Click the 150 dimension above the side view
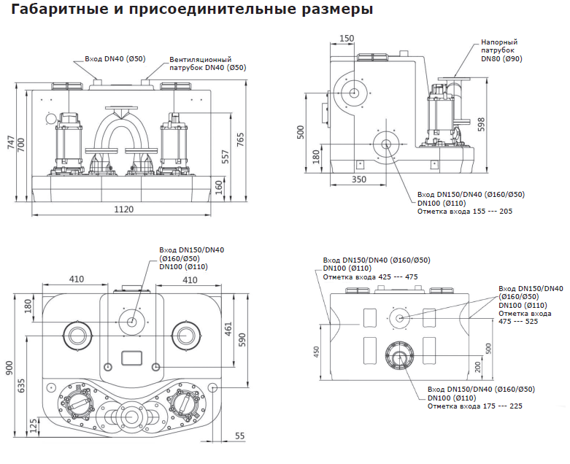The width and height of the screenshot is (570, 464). pos(347,38)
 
